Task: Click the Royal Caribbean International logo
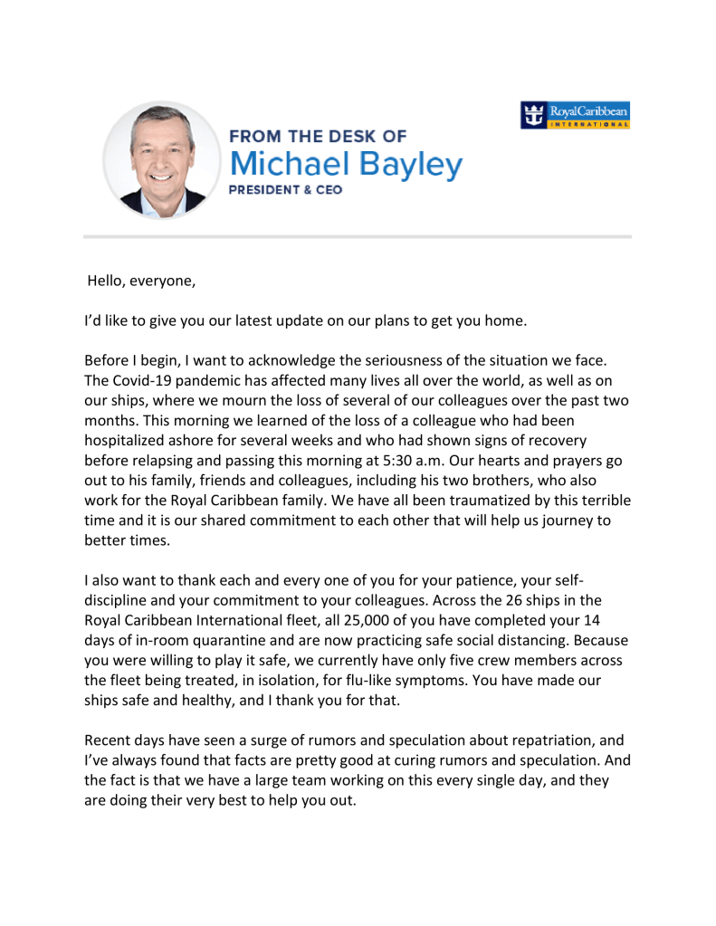click(577, 117)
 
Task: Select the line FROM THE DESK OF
click(318, 137)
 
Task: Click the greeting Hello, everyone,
click(140, 280)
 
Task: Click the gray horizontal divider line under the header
click(358, 237)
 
